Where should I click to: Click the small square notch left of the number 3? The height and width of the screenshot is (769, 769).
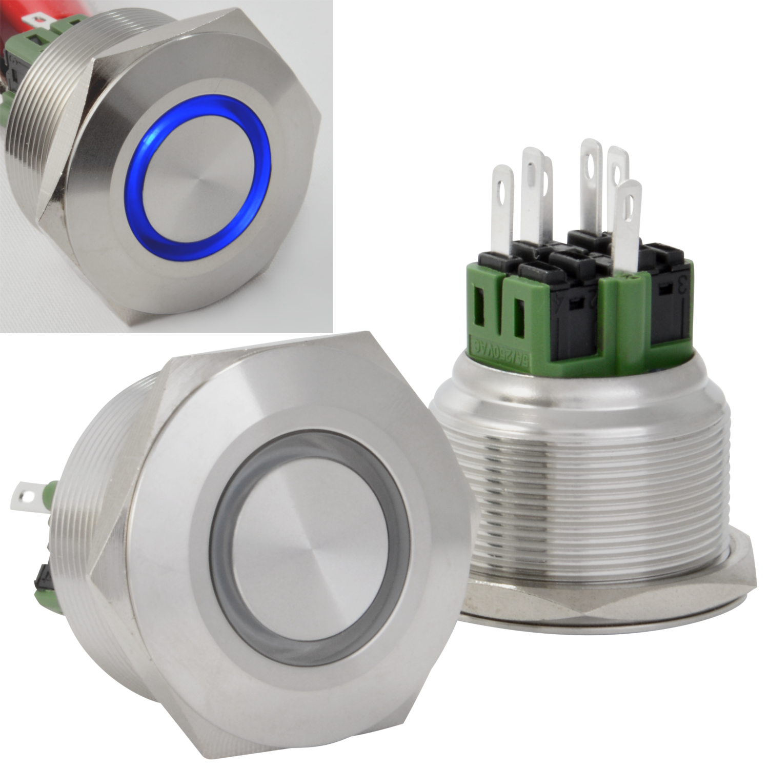[663, 290]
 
